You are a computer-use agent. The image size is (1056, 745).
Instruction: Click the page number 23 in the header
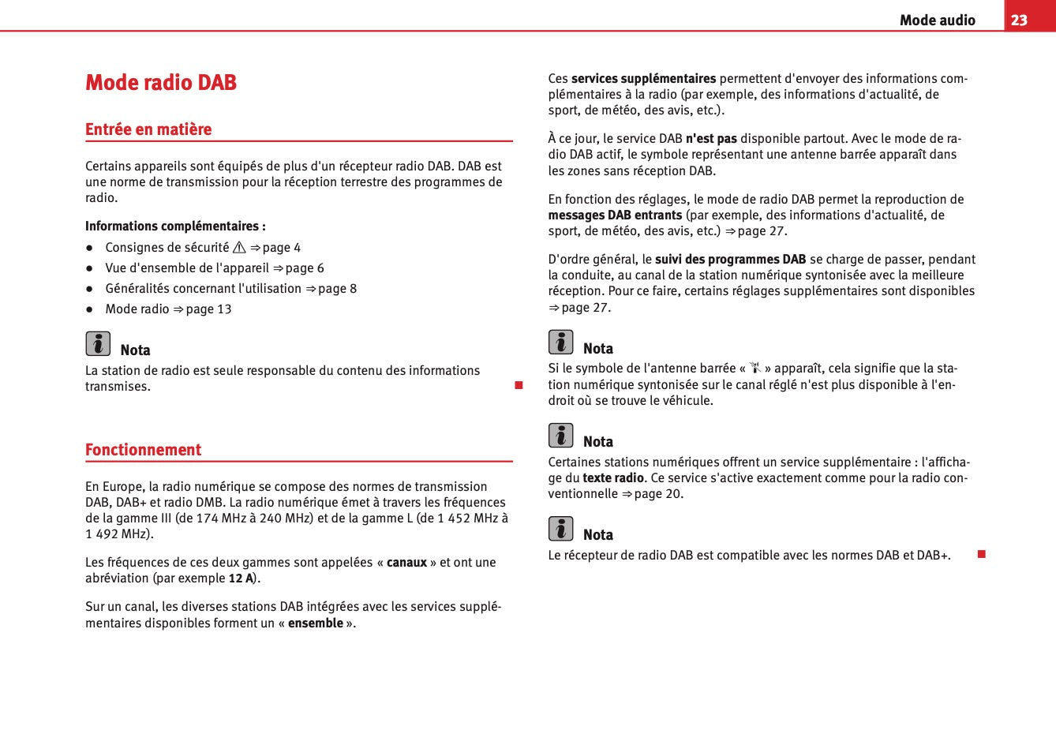click(1019, 20)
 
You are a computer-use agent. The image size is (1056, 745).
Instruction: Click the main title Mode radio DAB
click(161, 83)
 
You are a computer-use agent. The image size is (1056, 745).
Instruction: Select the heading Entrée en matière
click(148, 129)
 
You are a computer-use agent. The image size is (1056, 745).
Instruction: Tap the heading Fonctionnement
click(143, 450)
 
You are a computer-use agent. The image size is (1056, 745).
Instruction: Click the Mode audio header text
click(937, 21)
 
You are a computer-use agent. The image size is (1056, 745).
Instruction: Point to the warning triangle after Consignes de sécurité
click(239, 248)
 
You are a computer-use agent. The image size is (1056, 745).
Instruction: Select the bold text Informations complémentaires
click(175, 226)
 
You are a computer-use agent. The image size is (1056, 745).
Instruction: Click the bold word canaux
click(406, 563)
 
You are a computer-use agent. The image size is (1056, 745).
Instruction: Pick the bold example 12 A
click(241, 578)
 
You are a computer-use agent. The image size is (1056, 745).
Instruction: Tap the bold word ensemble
click(316, 623)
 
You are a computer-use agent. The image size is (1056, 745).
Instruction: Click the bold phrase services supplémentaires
click(643, 79)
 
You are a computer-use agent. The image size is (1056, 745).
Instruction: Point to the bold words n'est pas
click(711, 139)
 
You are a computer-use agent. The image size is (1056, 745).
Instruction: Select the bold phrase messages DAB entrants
click(615, 215)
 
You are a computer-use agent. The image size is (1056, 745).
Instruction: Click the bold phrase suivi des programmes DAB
click(730, 260)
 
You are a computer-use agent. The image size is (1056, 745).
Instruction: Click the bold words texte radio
click(613, 478)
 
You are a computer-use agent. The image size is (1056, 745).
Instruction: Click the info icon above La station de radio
click(98, 344)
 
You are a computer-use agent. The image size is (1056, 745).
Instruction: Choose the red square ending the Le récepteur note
click(982, 555)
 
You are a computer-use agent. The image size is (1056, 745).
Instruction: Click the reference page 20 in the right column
click(658, 494)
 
